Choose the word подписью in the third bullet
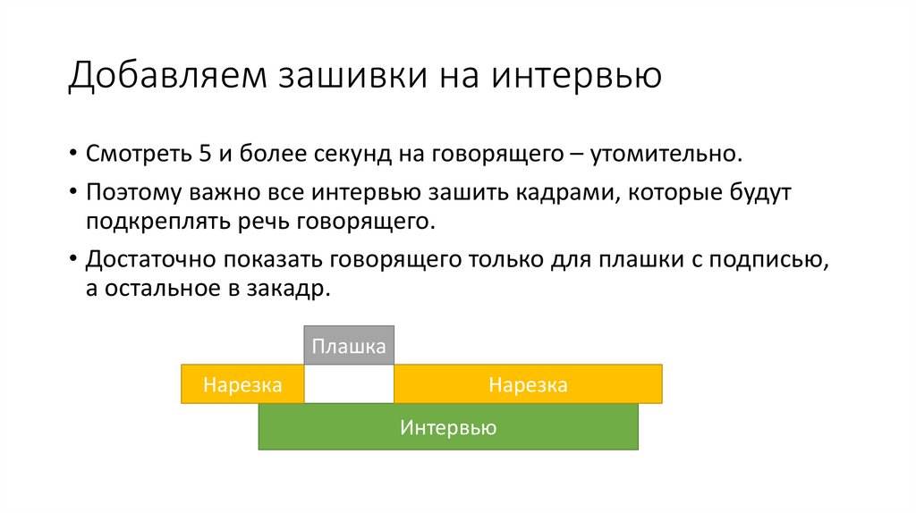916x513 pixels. coord(768,260)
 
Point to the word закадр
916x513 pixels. coord(288,289)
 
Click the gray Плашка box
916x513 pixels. coord(349,346)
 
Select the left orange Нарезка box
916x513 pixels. coord(242,384)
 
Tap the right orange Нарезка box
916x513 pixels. coord(528,384)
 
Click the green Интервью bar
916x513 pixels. coord(448,427)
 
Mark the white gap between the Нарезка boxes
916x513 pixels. coord(349,384)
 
